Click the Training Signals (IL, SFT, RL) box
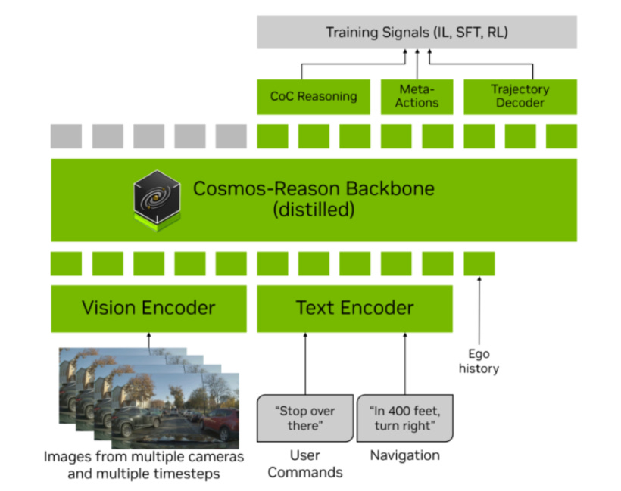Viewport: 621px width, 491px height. (x=417, y=32)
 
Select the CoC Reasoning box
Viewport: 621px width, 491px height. (x=314, y=96)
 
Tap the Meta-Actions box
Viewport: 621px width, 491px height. (x=417, y=96)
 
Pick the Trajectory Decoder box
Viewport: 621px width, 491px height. (x=520, y=96)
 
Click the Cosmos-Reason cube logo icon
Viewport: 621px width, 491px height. (x=157, y=197)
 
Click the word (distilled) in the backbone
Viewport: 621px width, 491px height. (x=314, y=210)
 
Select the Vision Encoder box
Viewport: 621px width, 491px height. (x=148, y=308)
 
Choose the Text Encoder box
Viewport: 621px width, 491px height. (x=354, y=308)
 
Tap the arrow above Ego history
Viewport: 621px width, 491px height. (x=479, y=310)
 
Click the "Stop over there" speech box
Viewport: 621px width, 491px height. (x=306, y=419)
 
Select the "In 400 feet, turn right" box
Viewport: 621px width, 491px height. (x=405, y=419)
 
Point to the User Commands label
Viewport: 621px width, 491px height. (x=305, y=463)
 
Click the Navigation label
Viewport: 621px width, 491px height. (x=404, y=455)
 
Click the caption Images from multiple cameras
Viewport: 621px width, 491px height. (x=144, y=457)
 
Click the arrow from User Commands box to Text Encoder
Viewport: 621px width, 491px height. (x=305, y=363)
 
